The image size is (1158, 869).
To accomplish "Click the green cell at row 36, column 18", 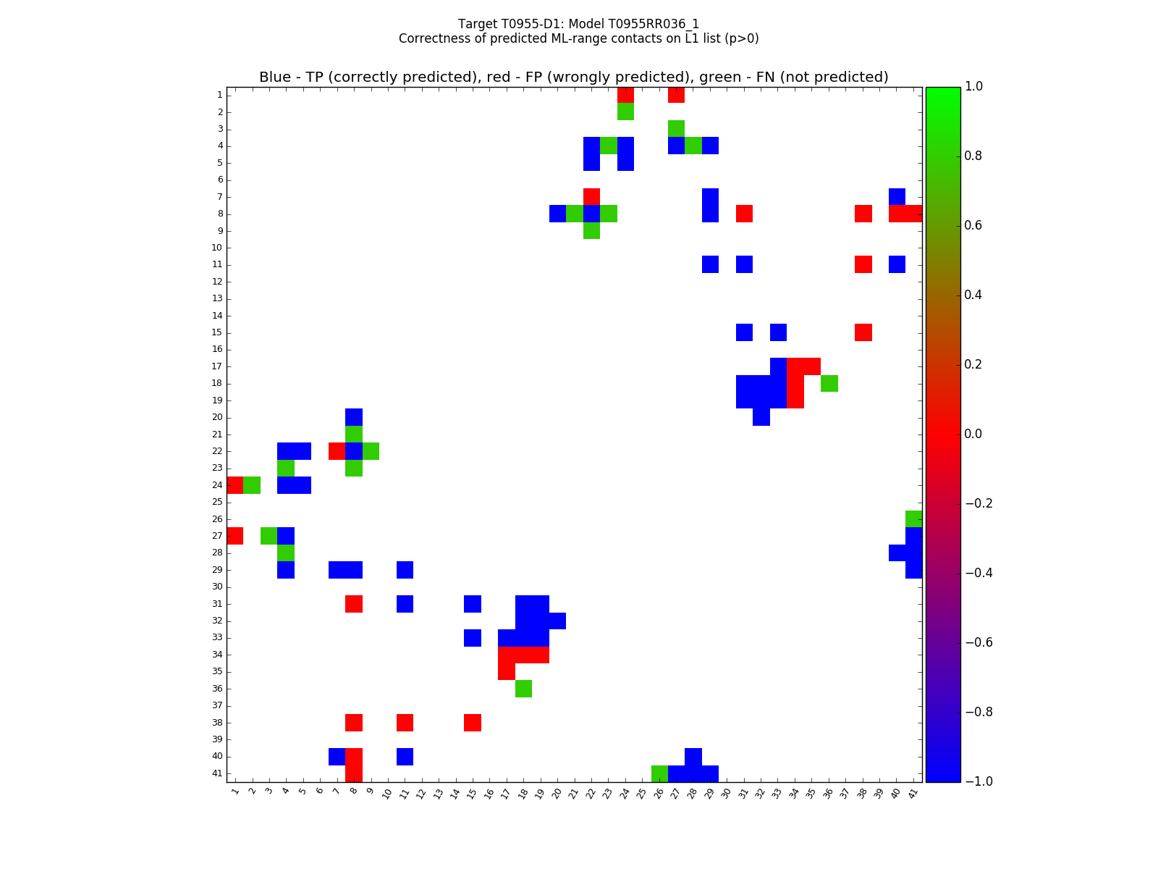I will (x=523, y=689).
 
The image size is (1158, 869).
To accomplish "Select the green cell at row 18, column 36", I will (x=829, y=383).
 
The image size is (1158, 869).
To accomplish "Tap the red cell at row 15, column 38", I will (x=863, y=332).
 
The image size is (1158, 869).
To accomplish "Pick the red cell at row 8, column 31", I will (x=744, y=214).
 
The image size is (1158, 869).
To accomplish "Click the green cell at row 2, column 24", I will (x=625, y=112).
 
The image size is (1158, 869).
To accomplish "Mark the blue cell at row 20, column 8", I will (x=354, y=417).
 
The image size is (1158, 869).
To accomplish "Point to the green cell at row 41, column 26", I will (x=659, y=773).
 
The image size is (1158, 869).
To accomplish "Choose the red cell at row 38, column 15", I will (x=473, y=723).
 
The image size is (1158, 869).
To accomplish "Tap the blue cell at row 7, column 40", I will (x=897, y=196).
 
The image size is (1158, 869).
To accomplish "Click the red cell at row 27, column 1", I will (x=235, y=536).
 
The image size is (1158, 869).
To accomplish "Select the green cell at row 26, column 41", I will (x=913, y=519).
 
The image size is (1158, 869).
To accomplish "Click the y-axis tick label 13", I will (x=217, y=298).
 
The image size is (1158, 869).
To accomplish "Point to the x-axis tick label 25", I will (x=641, y=793).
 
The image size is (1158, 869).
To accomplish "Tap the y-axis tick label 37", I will (x=217, y=705).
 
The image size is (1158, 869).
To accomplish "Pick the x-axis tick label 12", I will (x=420, y=793).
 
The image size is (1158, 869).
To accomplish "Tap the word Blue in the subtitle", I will (x=275, y=77).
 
